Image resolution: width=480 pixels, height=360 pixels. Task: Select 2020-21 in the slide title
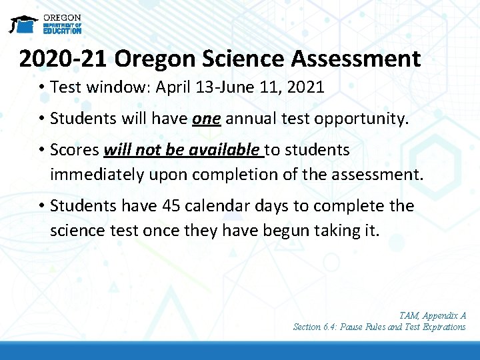[x=63, y=59]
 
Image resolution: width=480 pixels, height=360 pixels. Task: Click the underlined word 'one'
[x=206, y=119]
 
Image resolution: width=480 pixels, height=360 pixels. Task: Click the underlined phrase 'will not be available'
[x=182, y=151]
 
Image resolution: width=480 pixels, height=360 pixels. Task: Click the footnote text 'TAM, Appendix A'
[x=433, y=315]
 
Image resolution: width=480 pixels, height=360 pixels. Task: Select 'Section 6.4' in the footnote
[x=317, y=327]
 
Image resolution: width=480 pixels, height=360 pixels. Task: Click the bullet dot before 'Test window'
[x=41, y=87]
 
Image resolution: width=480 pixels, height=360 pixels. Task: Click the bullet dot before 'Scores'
[x=41, y=151]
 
